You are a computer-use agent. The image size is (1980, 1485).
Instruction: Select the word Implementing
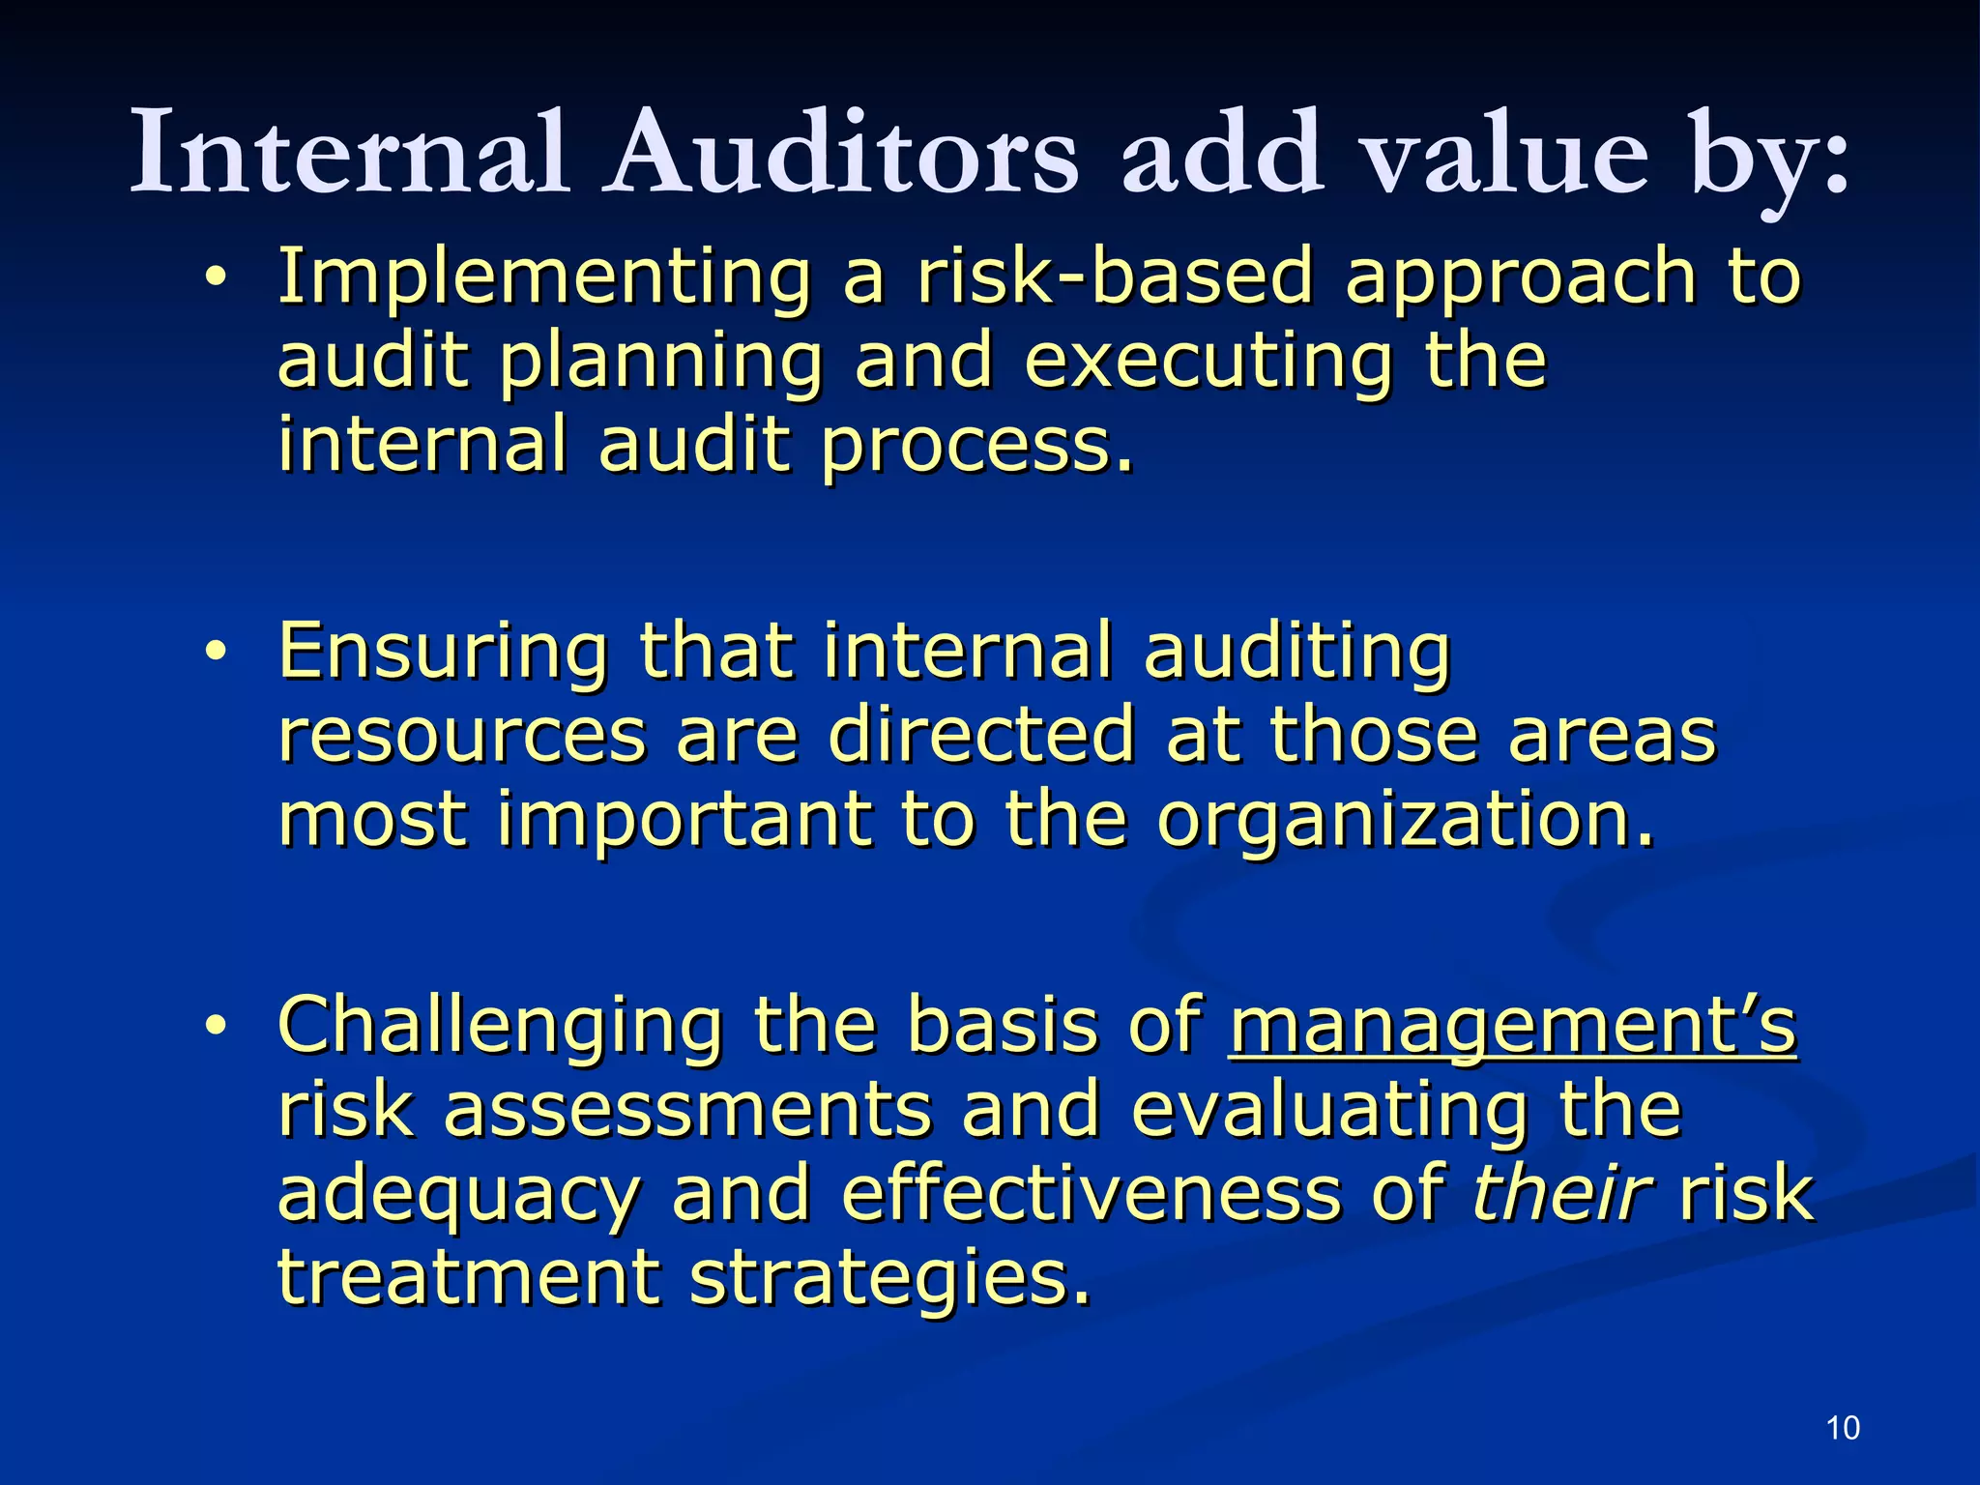(x=544, y=277)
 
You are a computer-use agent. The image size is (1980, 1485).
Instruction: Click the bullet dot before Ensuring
(x=215, y=653)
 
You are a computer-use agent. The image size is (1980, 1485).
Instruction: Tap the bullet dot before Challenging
(x=215, y=1027)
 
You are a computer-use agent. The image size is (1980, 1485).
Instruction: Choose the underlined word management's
(x=1513, y=1027)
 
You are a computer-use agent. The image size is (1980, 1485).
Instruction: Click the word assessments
(x=687, y=1110)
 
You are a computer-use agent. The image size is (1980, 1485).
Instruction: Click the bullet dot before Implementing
(x=215, y=278)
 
